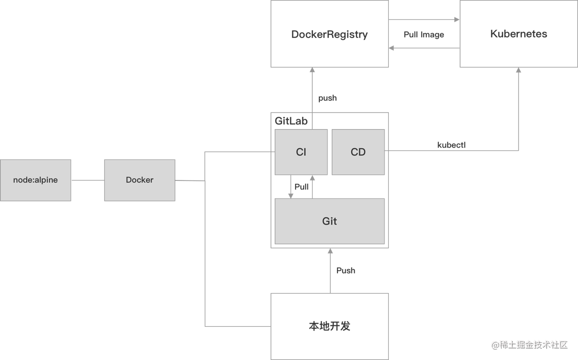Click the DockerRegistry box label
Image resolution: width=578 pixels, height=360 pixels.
click(x=329, y=35)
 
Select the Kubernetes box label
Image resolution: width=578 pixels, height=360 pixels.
click(x=519, y=34)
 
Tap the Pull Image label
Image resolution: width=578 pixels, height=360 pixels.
click(x=424, y=35)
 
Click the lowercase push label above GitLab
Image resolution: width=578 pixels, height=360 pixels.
click(x=328, y=98)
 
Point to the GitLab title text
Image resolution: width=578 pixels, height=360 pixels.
click(x=291, y=121)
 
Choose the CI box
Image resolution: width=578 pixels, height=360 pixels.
click(x=301, y=152)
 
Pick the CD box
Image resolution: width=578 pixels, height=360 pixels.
click(x=358, y=152)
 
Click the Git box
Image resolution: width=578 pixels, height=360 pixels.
click(x=329, y=221)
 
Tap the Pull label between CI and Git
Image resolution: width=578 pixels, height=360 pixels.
click(x=301, y=187)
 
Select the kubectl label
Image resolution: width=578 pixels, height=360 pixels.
click(x=452, y=145)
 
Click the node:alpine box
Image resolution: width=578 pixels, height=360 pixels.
click(x=36, y=180)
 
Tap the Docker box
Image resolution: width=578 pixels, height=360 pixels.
click(x=140, y=180)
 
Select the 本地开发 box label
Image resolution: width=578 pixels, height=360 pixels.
click(x=329, y=326)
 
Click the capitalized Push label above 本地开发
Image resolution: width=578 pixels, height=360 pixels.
click(x=346, y=271)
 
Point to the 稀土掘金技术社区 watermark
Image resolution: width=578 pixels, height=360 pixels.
click(x=530, y=345)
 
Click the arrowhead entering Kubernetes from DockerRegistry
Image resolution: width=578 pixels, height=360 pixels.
click(x=457, y=19)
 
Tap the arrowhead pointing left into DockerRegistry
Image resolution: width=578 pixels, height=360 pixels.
click(x=392, y=48)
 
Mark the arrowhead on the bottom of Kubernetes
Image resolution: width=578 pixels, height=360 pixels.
click(x=519, y=70)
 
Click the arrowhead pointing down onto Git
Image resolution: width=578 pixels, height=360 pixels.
click(x=291, y=196)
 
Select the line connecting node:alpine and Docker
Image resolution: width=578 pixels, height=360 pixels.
click(x=88, y=180)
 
